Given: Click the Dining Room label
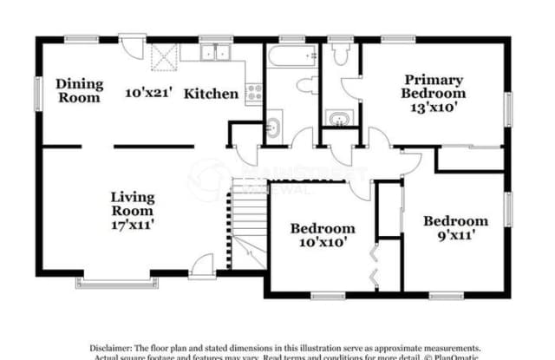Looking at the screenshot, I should [80, 90].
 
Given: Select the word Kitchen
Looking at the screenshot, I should [211, 93].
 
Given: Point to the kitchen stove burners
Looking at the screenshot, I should [254, 91].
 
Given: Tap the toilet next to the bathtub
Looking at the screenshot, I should [306, 86].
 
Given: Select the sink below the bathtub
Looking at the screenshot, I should [272, 127].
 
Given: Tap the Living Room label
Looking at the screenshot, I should [132, 203].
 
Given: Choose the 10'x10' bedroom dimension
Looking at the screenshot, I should [323, 243].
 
